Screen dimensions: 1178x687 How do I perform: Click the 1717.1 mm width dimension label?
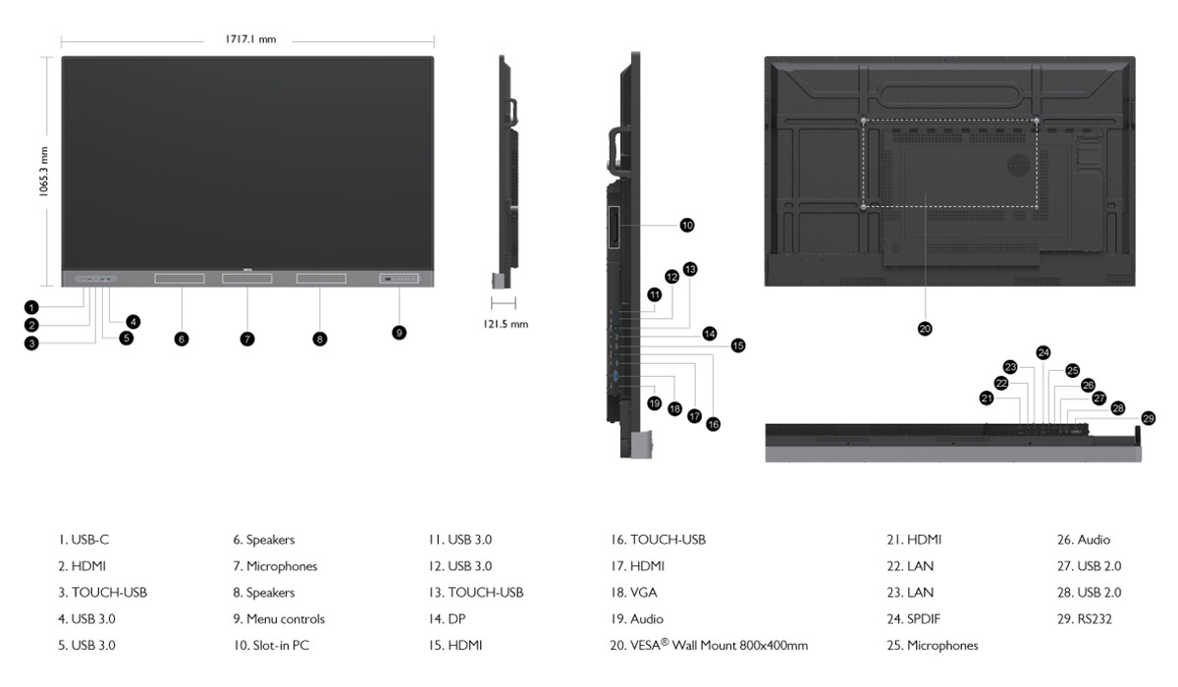click(x=250, y=39)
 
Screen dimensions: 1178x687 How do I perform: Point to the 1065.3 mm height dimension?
click(x=43, y=172)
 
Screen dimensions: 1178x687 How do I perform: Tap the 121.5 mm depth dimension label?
click(x=506, y=324)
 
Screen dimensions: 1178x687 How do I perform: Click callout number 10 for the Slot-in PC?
click(x=687, y=226)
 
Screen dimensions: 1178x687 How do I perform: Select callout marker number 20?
click(x=925, y=329)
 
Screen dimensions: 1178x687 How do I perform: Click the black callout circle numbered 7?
click(x=247, y=339)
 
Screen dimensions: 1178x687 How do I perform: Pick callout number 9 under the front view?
click(x=400, y=332)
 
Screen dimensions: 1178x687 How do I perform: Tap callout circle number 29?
click(x=1148, y=418)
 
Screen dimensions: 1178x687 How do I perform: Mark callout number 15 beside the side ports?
click(x=738, y=345)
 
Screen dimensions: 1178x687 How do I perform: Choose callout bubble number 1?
click(x=31, y=307)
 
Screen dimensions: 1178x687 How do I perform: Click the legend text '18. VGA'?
click(x=634, y=593)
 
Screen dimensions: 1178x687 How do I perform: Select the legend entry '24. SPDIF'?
click(x=914, y=618)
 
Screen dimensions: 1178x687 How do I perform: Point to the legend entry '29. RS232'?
click(x=1085, y=618)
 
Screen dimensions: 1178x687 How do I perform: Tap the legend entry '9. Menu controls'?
click(x=279, y=618)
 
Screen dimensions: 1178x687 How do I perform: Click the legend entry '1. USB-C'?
click(x=83, y=540)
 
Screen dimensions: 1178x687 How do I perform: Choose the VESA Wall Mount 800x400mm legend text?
click(x=709, y=645)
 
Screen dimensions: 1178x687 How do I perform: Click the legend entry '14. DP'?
click(x=447, y=618)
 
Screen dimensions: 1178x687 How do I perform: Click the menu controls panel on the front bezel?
click(x=400, y=279)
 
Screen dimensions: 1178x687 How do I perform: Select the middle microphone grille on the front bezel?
click(x=247, y=278)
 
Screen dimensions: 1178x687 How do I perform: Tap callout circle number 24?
click(x=1044, y=352)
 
